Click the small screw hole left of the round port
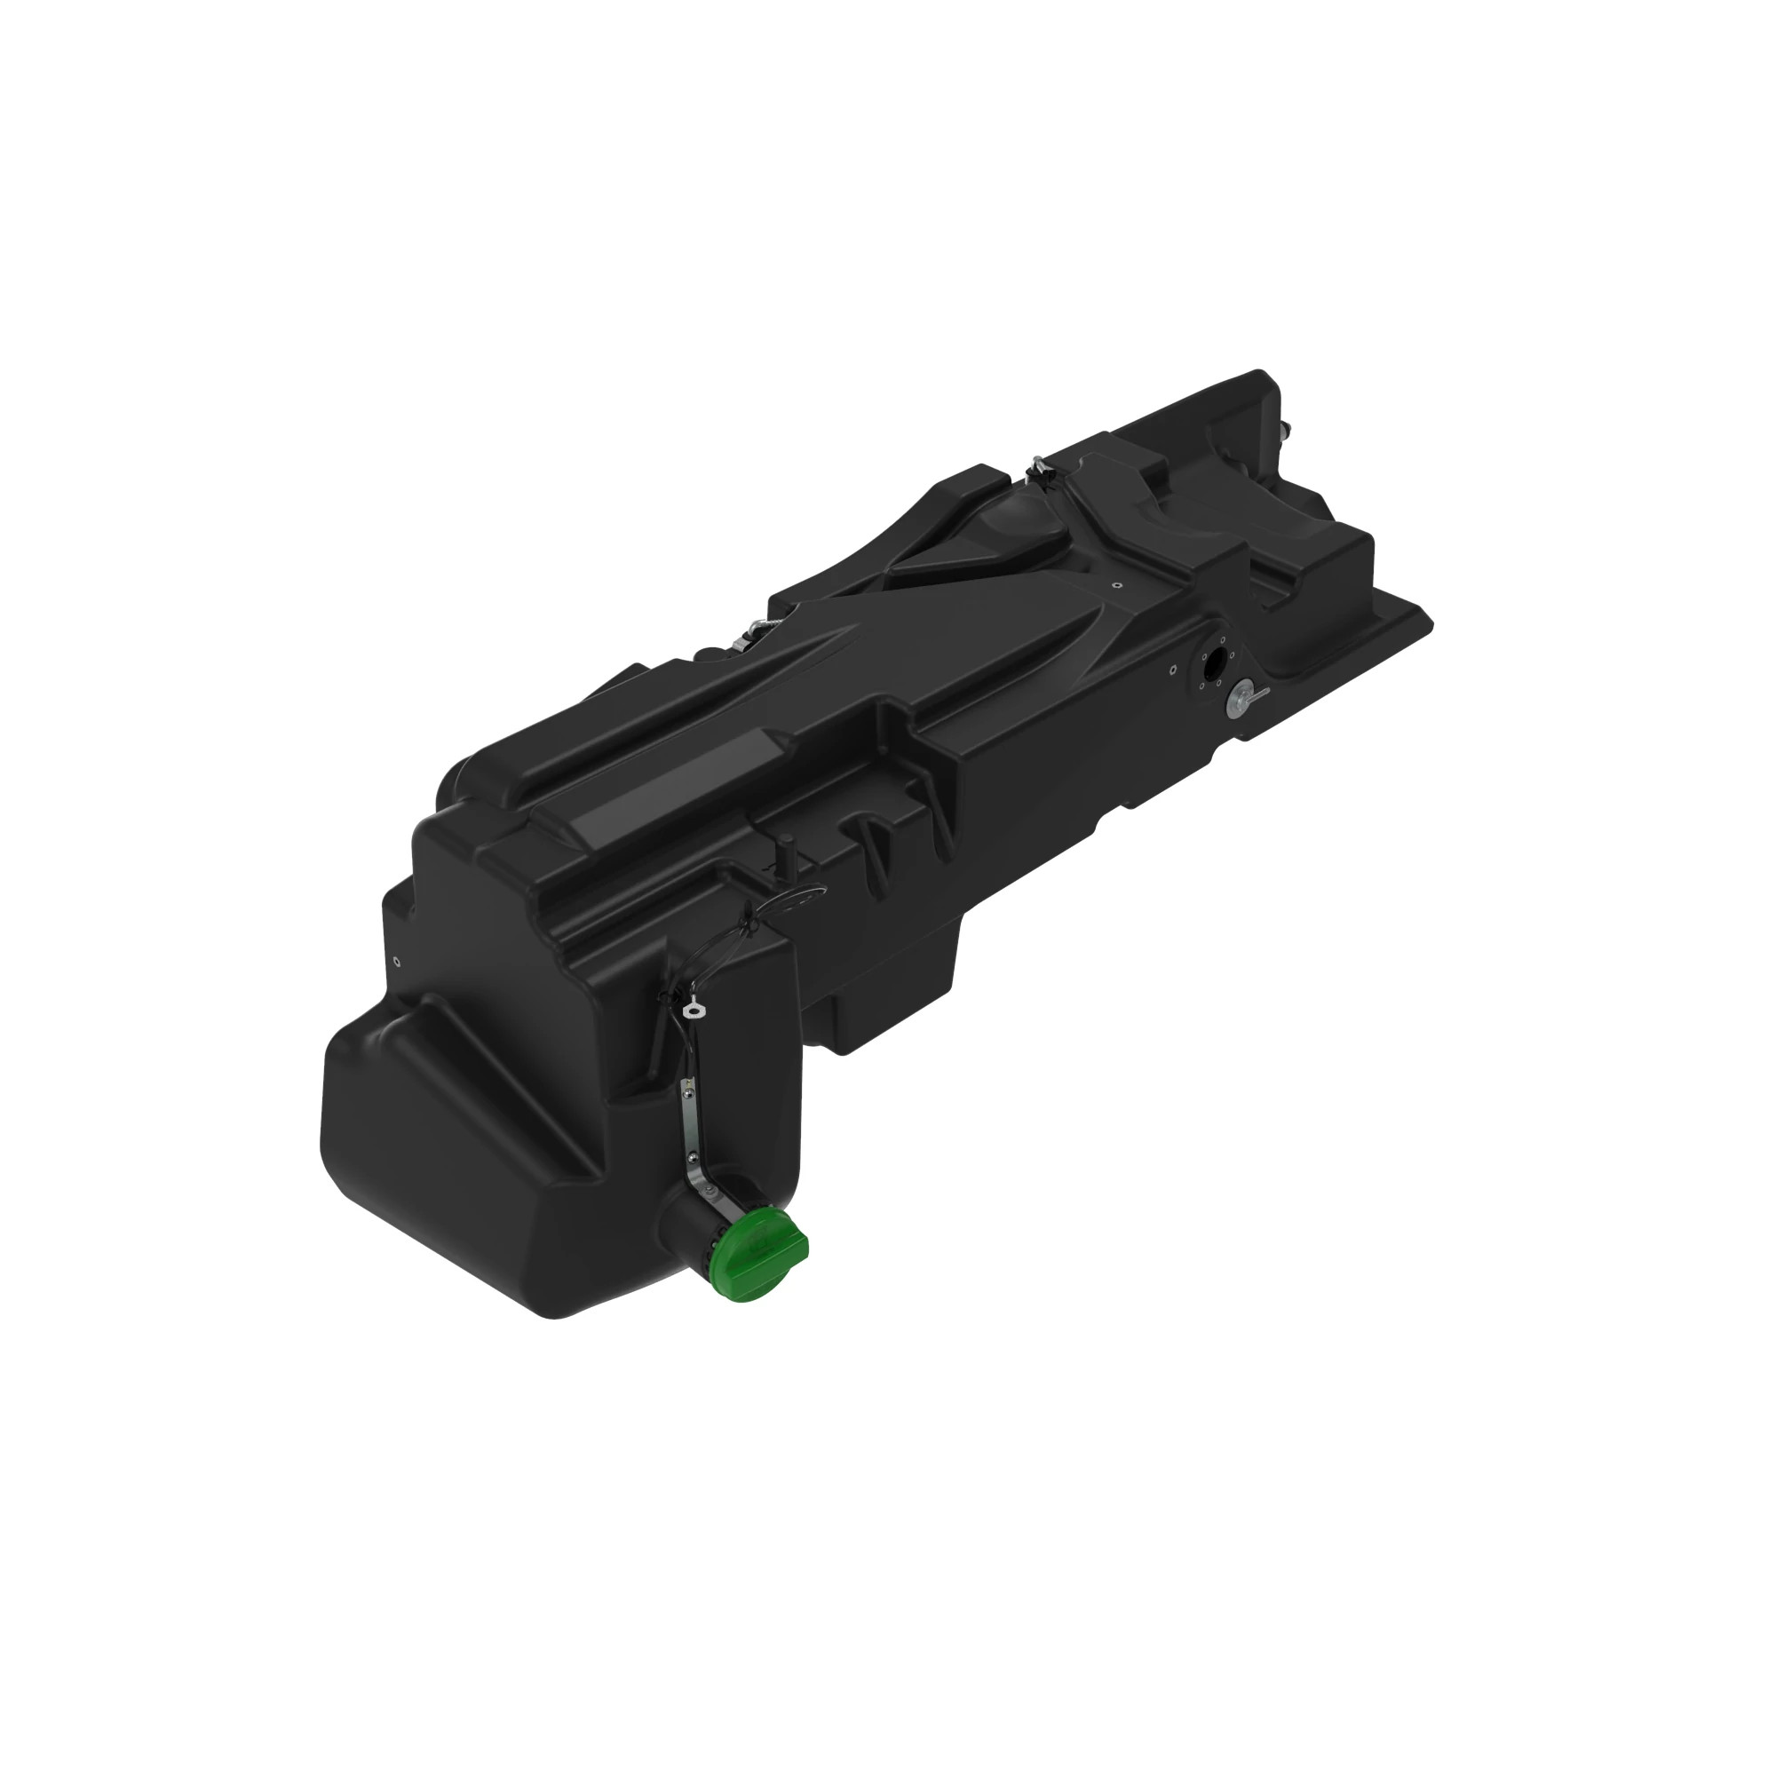click(1173, 670)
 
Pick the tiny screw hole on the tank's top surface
click(1115, 584)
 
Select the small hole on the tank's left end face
click(396, 963)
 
